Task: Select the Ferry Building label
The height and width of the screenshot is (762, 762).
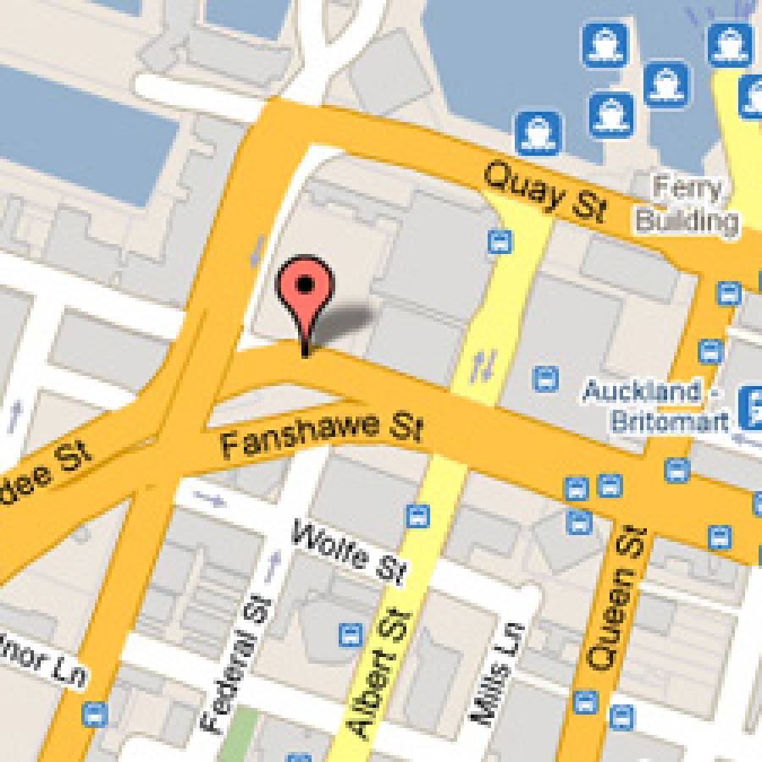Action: click(x=687, y=204)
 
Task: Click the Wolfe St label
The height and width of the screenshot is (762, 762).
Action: click(x=348, y=555)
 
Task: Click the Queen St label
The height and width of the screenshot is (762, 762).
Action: click(x=619, y=596)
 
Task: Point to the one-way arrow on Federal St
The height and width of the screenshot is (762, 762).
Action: click(x=273, y=563)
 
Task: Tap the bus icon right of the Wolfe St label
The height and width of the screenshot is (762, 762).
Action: click(x=417, y=515)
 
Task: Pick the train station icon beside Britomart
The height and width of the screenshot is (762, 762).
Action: click(x=749, y=406)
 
